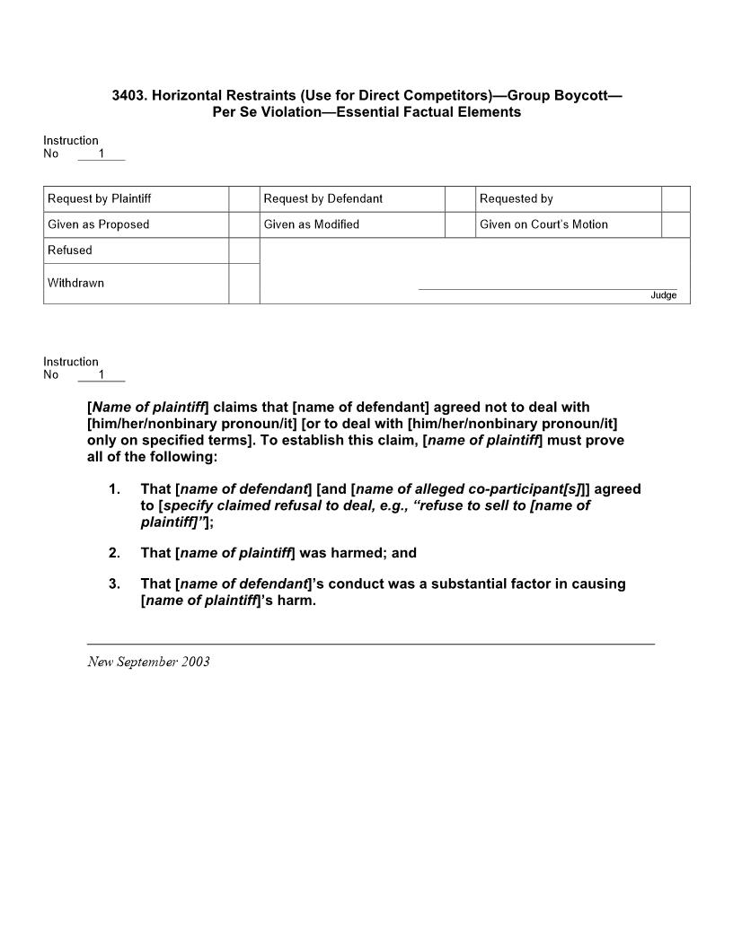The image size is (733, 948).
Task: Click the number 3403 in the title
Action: point(128,95)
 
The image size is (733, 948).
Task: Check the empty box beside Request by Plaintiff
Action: point(243,198)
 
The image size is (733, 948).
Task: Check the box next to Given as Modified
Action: point(460,224)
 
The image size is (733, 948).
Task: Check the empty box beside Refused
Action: point(243,250)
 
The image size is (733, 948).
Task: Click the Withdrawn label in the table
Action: point(76,283)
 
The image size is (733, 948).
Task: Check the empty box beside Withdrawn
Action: point(243,283)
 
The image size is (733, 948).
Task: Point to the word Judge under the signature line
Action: point(664,295)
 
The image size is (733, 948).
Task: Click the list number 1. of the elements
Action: point(114,489)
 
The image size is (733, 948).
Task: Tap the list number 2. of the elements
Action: point(114,553)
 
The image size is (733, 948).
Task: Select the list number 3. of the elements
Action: point(114,584)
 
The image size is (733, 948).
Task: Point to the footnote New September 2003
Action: point(148,662)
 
